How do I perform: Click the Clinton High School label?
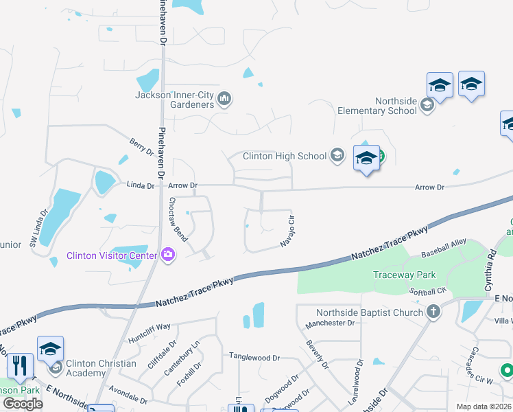point(285,156)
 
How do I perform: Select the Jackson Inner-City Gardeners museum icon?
point(224,100)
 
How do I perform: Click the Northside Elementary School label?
point(377,106)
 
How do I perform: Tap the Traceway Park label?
point(404,275)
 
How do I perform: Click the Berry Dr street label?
point(141,146)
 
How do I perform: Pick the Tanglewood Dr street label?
point(254,358)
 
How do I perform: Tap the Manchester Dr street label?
point(329,323)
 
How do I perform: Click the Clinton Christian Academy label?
point(96,368)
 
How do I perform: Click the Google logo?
point(23,404)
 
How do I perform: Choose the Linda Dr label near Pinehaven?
point(142,185)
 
